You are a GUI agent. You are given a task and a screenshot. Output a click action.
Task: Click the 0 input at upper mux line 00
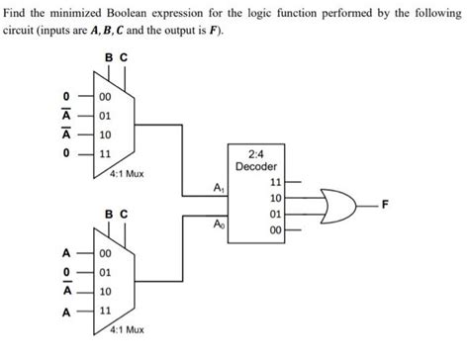(x=65, y=96)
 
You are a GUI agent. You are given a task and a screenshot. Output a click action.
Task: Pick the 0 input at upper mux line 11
(x=65, y=154)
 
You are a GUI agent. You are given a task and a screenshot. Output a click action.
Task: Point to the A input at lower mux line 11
(x=65, y=310)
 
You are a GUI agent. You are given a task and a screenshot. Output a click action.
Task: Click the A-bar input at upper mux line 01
(x=65, y=116)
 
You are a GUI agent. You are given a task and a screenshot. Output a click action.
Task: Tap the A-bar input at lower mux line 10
(x=65, y=290)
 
